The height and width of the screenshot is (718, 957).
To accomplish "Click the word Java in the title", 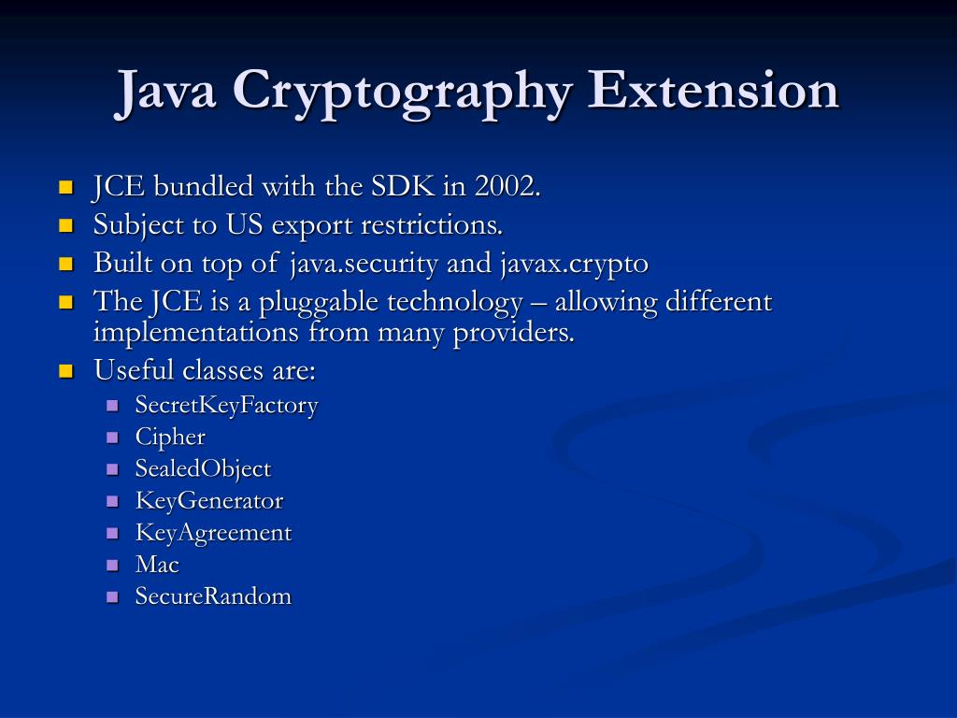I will pyautogui.click(x=167, y=92).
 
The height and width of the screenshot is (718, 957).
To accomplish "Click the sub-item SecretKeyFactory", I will pyautogui.click(x=226, y=406).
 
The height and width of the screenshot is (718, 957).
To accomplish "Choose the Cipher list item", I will pyautogui.click(x=170, y=438).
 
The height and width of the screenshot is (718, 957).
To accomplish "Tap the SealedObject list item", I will pyautogui.click(x=203, y=469).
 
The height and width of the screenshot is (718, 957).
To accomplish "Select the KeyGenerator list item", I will pyautogui.click(x=208, y=501).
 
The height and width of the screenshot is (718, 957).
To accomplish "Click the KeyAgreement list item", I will pyautogui.click(x=213, y=533).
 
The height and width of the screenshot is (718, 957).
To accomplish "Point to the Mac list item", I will pyautogui.click(x=157, y=565).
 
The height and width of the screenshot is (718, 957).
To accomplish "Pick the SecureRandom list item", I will pyautogui.click(x=213, y=596).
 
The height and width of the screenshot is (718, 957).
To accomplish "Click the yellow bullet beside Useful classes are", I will pyautogui.click(x=65, y=371).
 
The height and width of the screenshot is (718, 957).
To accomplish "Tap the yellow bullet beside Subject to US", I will pyautogui.click(x=65, y=225).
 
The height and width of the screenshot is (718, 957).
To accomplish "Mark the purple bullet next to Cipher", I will pyautogui.click(x=113, y=438).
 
